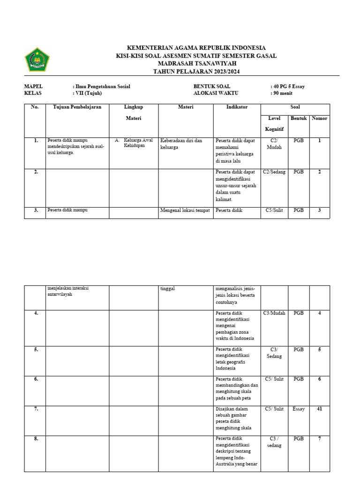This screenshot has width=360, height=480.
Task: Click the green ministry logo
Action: pyautogui.click(x=37, y=60)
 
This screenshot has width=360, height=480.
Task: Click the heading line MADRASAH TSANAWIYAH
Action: pyautogui.click(x=197, y=63)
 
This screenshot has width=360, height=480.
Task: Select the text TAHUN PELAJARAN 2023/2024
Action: pyautogui.click(x=197, y=71)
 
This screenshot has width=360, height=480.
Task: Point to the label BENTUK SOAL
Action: pyautogui.click(x=210, y=86)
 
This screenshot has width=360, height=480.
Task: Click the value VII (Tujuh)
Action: pyautogui.click(x=88, y=93)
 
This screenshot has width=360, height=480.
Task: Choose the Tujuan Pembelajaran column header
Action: pyautogui.click(x=77, y=107)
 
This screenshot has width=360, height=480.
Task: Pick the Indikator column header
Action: pyautogui.click(x=237, y=107)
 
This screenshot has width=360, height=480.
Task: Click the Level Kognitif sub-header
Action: pyautogui.click(x=274, y=123)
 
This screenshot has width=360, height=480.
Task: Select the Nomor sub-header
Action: pyautogui.click(x=319, y=119)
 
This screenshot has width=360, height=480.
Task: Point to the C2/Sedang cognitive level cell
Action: pyautogui.click(x=274, y=172)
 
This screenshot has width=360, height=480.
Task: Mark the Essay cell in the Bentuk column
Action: pyautogui.click(x=299, y=409)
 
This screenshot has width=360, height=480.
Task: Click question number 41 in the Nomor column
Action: pyautogui.click(x=319, y=409)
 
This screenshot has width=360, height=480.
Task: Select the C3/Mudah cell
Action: pyautogui.click(x=274, y=313)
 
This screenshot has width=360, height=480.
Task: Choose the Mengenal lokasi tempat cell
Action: pyautogui.click(x=185, y=210)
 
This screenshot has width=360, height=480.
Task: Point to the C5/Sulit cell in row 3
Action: pyautogui.click(x=274, y=210)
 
